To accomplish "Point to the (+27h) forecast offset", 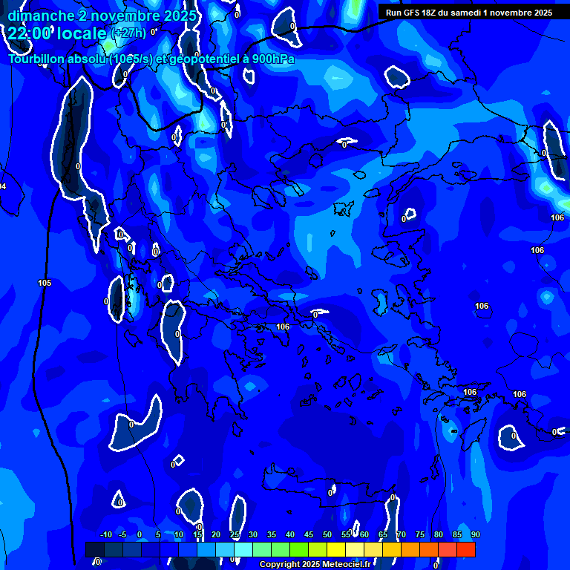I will click(x=128, y=33).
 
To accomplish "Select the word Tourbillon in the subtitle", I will click(x=37, y=59).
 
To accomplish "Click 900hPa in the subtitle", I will click(x=273, y=59).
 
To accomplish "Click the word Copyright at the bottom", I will click(x=280, y=565).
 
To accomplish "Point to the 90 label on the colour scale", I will click(x=475, y=534).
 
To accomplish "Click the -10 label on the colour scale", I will click(x=105, y=534).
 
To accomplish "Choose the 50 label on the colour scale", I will click(x=327, y=534).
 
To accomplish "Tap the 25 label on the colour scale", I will click(x=235, y=534).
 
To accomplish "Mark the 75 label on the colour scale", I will click(x=419, y=534).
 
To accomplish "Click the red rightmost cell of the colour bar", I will click(x=466, y=549).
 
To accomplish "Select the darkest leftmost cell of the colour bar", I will click(x=94, y=549).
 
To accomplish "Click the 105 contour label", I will click(x=45, y=283).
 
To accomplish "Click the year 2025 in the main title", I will click(x=180, y=16).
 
